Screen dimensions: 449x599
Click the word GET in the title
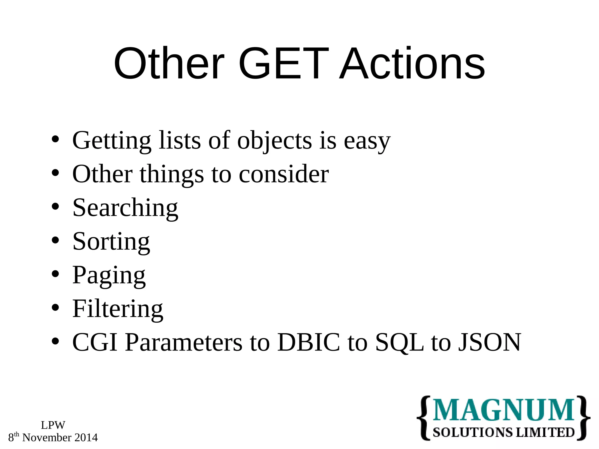[x=283, y=64]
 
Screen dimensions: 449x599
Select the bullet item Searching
[x=125, y=208]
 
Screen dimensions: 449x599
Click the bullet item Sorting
[x=111, y=241]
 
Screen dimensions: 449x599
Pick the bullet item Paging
[x=109, y=275]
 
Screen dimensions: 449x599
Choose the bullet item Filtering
[x=118, y=309]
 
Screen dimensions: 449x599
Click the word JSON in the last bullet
[x=489, y=342]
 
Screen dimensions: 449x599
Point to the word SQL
[x=399, y=342]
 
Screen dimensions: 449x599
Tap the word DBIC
[x=309, y=342]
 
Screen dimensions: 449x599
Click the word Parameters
[x=184, y=342]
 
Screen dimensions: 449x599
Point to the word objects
[x=274, y=141]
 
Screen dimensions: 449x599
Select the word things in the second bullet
[x=172, y=175]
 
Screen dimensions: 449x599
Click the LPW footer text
[x=53, y=425]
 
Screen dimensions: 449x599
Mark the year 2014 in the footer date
[x=86, y=438]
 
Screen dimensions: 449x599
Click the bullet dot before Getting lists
[x=55, y=140]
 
